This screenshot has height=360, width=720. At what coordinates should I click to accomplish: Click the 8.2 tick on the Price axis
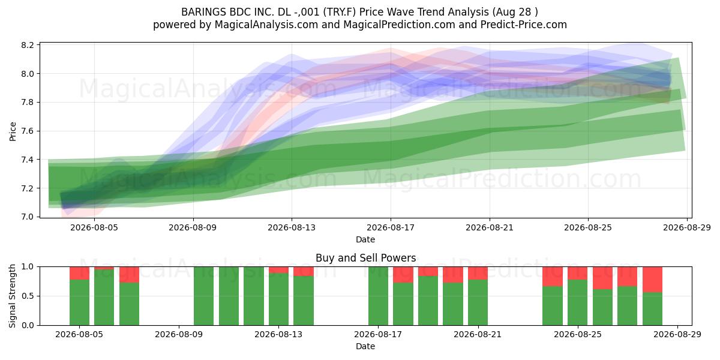pyautogui.click(x=28, y=45)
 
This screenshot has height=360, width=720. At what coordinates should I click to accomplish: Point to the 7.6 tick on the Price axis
pyautogui.click(x=28, y=131)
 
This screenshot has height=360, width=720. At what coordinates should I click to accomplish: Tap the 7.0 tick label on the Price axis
pyautogui.click(x=28, y=217)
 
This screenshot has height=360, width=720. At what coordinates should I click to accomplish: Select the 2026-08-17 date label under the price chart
pyautogui.click(x=391, y=227)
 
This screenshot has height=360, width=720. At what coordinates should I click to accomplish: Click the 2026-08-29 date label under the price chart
pyautogui.click(x=687, y=227)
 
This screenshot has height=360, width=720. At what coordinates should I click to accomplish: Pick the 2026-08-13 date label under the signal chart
pyautogui.click(x=278, y=334)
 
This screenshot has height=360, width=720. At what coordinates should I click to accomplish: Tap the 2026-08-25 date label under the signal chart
pyautogui.click(x=578, y=334)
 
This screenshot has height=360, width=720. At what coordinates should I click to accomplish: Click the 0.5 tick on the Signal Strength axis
pyautogui.click(x=28, y=296)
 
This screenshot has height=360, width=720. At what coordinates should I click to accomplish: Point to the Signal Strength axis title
pyautogui.click(x=12, y=296)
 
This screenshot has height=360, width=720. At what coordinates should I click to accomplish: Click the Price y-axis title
pyautogui.click(x=13, y=131)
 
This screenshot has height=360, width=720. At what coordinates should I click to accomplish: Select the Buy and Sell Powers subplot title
pyautogui.click(x=366, y=258)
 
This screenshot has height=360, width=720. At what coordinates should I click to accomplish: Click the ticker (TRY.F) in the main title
pyautogui.click(x=340, y=12)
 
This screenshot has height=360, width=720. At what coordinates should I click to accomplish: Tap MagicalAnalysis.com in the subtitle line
pyautogui.click(x=266, y=25)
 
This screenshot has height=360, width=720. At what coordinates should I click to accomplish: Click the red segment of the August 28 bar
pyautogui.click(x=653, y=280)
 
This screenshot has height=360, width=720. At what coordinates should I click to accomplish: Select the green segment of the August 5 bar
pyautogui.click(x=79, y=302)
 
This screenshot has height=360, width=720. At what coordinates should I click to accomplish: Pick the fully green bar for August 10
pyautogui.click(x=204, y=296)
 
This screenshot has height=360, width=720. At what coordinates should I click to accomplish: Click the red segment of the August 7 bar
pyautogui.click(x=129, y=275)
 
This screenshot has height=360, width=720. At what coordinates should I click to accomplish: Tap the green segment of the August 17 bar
pyautogui.click(x=379, y=296)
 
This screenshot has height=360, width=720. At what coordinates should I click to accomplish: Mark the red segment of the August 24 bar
pyautogui.click(x=553, y=277)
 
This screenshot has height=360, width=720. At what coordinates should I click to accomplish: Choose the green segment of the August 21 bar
pyautogui.click(x=478, y=302)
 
